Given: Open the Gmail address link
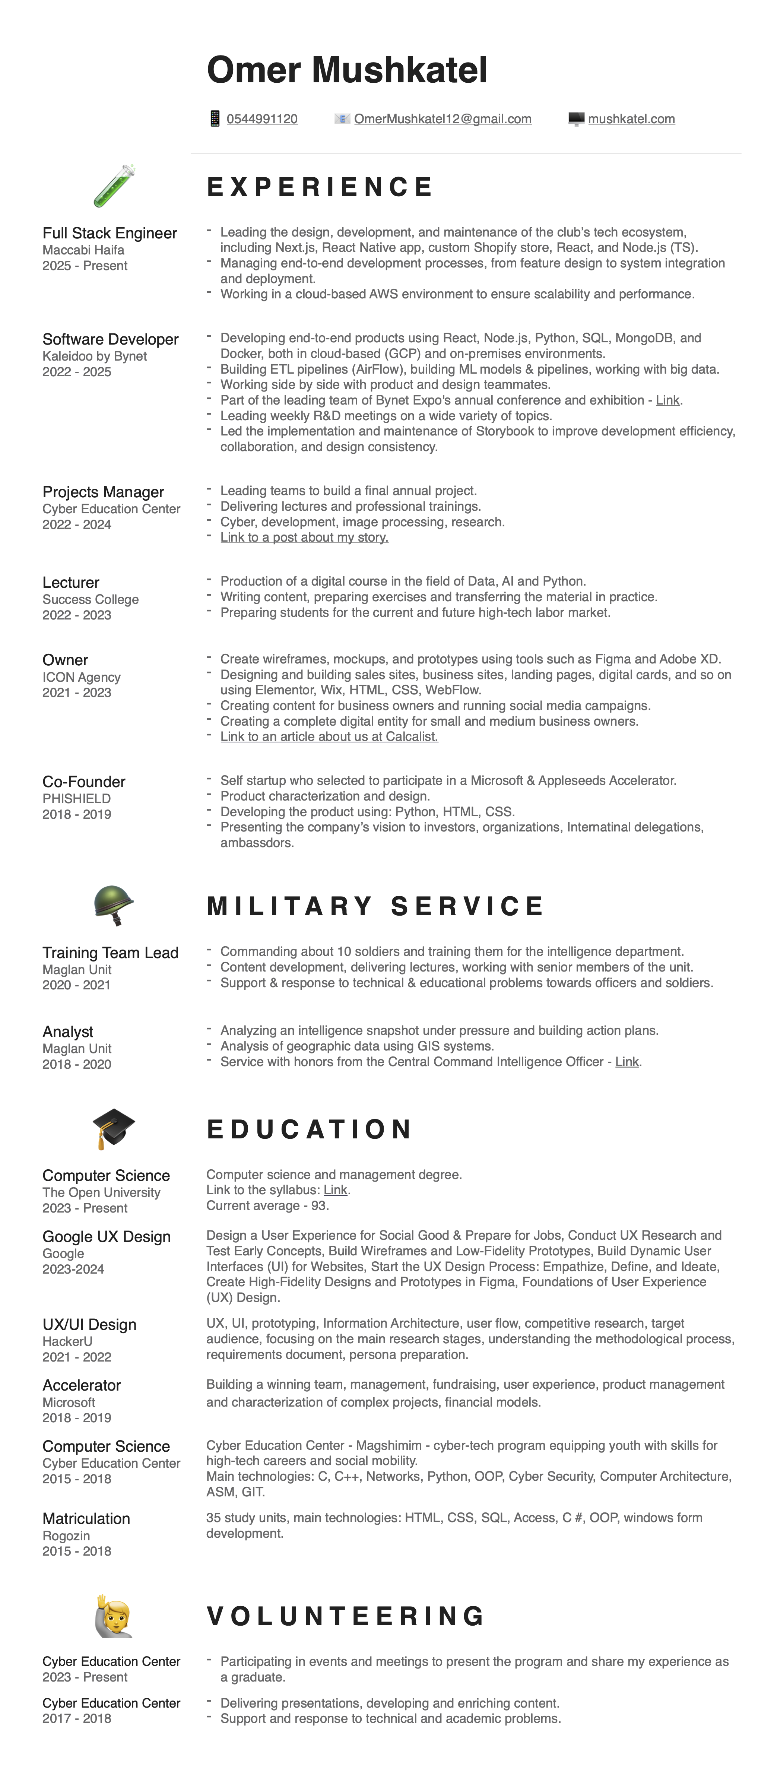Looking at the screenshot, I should pos(443,119).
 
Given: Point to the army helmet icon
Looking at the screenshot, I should pos(113,905).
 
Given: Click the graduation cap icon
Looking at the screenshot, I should pos(113,1128).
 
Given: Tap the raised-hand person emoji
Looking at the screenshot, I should pos(113,1616).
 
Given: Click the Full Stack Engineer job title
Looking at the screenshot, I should pos(110,233).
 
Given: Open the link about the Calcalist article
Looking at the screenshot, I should pos(329,736).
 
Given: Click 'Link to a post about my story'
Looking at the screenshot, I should pos(304,537).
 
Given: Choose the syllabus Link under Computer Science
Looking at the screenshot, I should pos(335,1190).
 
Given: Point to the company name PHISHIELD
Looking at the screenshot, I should pos(77,799).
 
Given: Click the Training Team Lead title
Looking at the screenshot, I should pos(110,953).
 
